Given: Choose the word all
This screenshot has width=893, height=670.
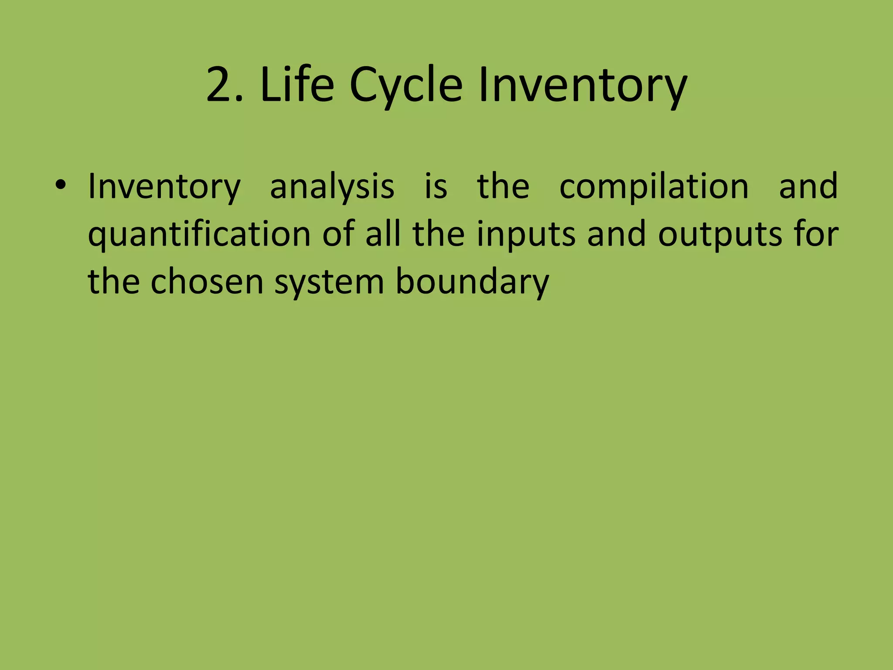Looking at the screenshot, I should click(x=383, y=235).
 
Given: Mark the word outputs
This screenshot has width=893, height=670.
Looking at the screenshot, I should click(x=720, y=235).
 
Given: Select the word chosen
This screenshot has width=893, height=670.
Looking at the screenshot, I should click(x=207, y=282).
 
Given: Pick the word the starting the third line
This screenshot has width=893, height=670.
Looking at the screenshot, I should click(x=114, y=282).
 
